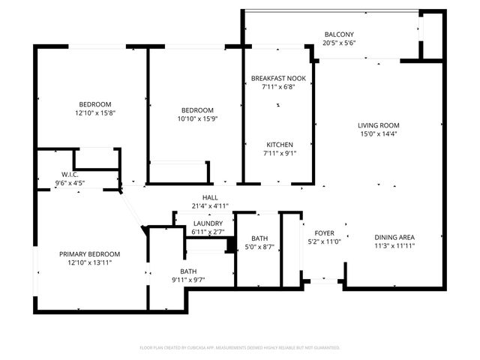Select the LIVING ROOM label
click(379, 125)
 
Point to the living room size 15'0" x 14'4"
click(379, 134)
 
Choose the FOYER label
click(325, 232)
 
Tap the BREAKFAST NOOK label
click(278, 78)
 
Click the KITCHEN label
click(279, 145)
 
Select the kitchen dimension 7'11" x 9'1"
click(279, 154)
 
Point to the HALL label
click(199, 197)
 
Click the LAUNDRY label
click(208, 223)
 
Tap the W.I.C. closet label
click(60, 174)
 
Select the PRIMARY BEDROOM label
click(89, 254)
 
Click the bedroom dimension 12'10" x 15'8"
click(94, 113)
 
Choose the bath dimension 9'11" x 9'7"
click(187, 280)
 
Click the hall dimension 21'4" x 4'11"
click(199, 206)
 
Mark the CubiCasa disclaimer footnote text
click(240, 347)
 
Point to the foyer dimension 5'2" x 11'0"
click(325, 241)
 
